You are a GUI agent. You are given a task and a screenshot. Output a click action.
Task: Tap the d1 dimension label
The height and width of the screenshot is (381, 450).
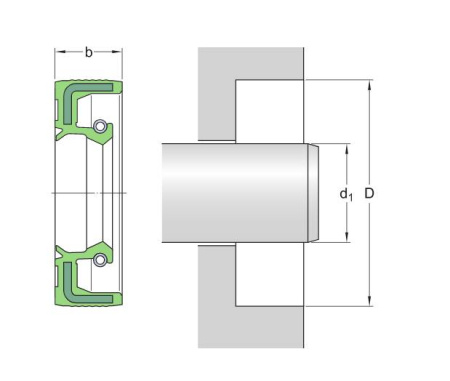point(346,193)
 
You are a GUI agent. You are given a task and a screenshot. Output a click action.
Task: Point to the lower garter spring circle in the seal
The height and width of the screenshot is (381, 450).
point(100,261)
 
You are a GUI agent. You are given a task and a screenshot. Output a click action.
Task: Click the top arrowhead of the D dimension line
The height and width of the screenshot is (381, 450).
point(371,85)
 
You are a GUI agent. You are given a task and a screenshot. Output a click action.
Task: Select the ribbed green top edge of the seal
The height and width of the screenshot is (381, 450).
point(87,80)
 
